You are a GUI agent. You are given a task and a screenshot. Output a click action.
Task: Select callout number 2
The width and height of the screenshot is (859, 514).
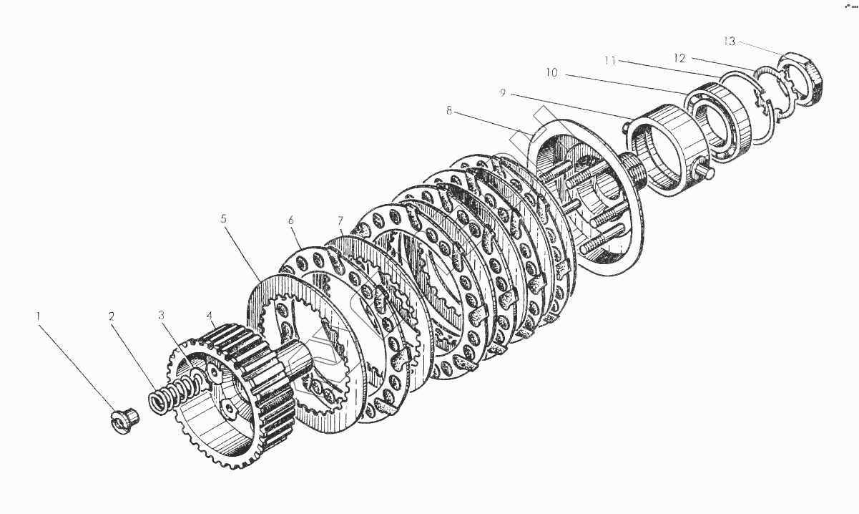(x=112, y=316)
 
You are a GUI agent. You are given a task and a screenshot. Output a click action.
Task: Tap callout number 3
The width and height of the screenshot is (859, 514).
(x=162, y=314)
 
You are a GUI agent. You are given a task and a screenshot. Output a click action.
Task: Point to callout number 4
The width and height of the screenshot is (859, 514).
(x=210, y=314)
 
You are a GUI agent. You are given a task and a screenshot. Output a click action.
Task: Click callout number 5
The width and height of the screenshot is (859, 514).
(x=224, y=219)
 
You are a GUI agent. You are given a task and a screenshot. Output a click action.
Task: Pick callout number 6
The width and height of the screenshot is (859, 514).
(x=292, y=221)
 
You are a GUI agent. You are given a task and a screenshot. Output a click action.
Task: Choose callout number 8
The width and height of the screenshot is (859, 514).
(x=449, y=111)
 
